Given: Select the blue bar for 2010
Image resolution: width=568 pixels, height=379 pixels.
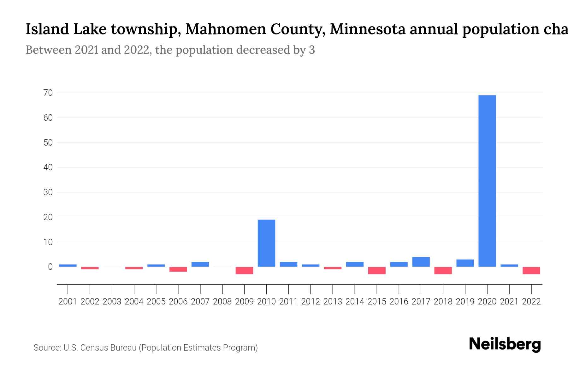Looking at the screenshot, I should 266,243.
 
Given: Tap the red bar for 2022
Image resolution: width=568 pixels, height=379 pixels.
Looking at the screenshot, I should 531,270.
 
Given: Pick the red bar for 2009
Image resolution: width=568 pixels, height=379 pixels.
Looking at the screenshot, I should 244,270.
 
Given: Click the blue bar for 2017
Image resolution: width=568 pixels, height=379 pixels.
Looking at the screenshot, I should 421,262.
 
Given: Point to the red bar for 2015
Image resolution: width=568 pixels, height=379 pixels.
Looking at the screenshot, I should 377,270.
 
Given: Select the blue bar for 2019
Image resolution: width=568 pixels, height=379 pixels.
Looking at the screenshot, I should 465,263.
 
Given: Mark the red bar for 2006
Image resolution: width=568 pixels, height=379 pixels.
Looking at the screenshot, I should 178,269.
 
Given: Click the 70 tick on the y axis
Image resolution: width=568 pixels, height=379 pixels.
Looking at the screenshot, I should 48,93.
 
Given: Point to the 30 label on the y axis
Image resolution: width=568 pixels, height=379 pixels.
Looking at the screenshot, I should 48,192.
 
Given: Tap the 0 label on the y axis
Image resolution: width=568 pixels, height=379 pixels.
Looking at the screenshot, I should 50,267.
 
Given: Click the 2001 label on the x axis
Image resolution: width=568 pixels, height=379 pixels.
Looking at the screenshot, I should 68,302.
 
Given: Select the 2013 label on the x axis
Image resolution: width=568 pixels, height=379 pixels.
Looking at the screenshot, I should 333,302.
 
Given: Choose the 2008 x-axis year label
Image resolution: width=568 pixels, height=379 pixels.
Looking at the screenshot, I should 222,302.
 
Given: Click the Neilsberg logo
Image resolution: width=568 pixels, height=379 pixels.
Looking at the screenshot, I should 505,344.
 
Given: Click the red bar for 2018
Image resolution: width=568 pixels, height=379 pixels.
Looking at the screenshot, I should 443,270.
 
